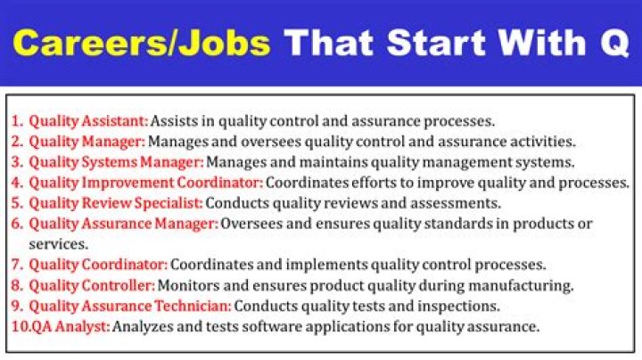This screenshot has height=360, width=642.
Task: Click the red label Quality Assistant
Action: (x=88, y=120)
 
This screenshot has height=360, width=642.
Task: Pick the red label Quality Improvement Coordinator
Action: (x=146, y=182)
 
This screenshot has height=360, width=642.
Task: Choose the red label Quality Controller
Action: (x=92, y=285)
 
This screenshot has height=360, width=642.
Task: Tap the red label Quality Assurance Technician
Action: (x=130, y=306)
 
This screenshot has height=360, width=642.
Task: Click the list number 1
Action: (x=16, y=120)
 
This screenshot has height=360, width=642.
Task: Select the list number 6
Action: (x=16, y=224)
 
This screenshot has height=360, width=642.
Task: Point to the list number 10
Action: (x=20, y=326)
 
